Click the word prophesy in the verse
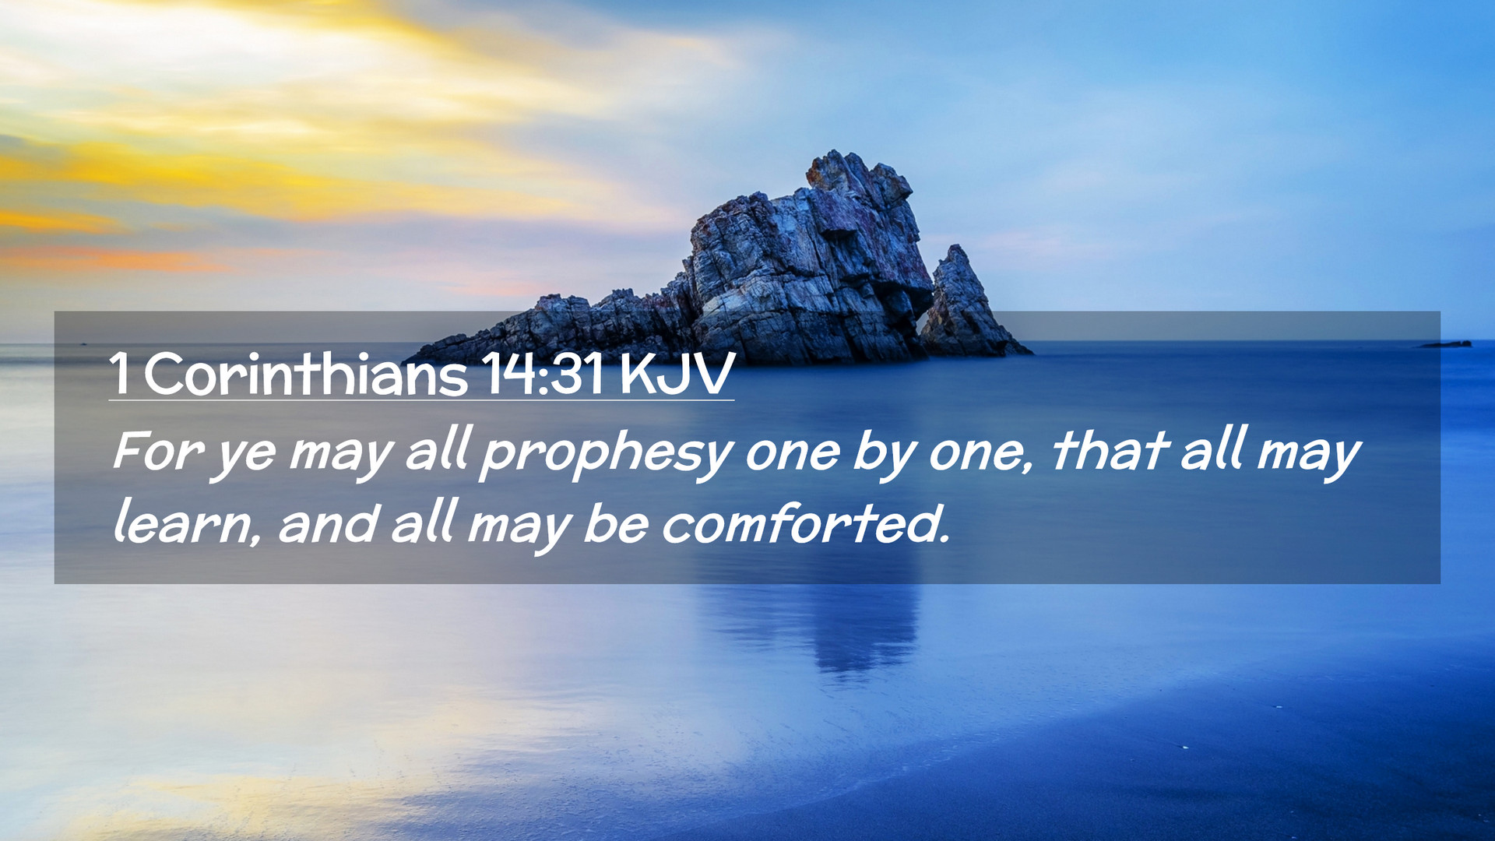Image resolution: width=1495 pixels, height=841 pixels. coord(606,454)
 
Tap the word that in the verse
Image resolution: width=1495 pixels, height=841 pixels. coord(1110,449)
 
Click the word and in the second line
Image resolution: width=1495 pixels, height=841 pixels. coord(327,523)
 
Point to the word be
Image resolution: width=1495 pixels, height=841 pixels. coord(615,523)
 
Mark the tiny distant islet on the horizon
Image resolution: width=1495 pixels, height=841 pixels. coord(1447,343)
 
